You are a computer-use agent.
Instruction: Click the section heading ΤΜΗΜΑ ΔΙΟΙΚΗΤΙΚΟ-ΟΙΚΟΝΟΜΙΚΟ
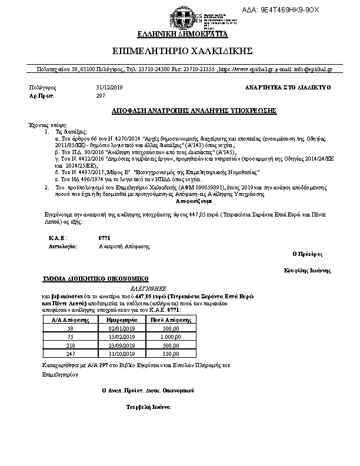tap(95, 278)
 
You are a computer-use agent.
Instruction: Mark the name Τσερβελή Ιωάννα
tap(148, 407)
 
